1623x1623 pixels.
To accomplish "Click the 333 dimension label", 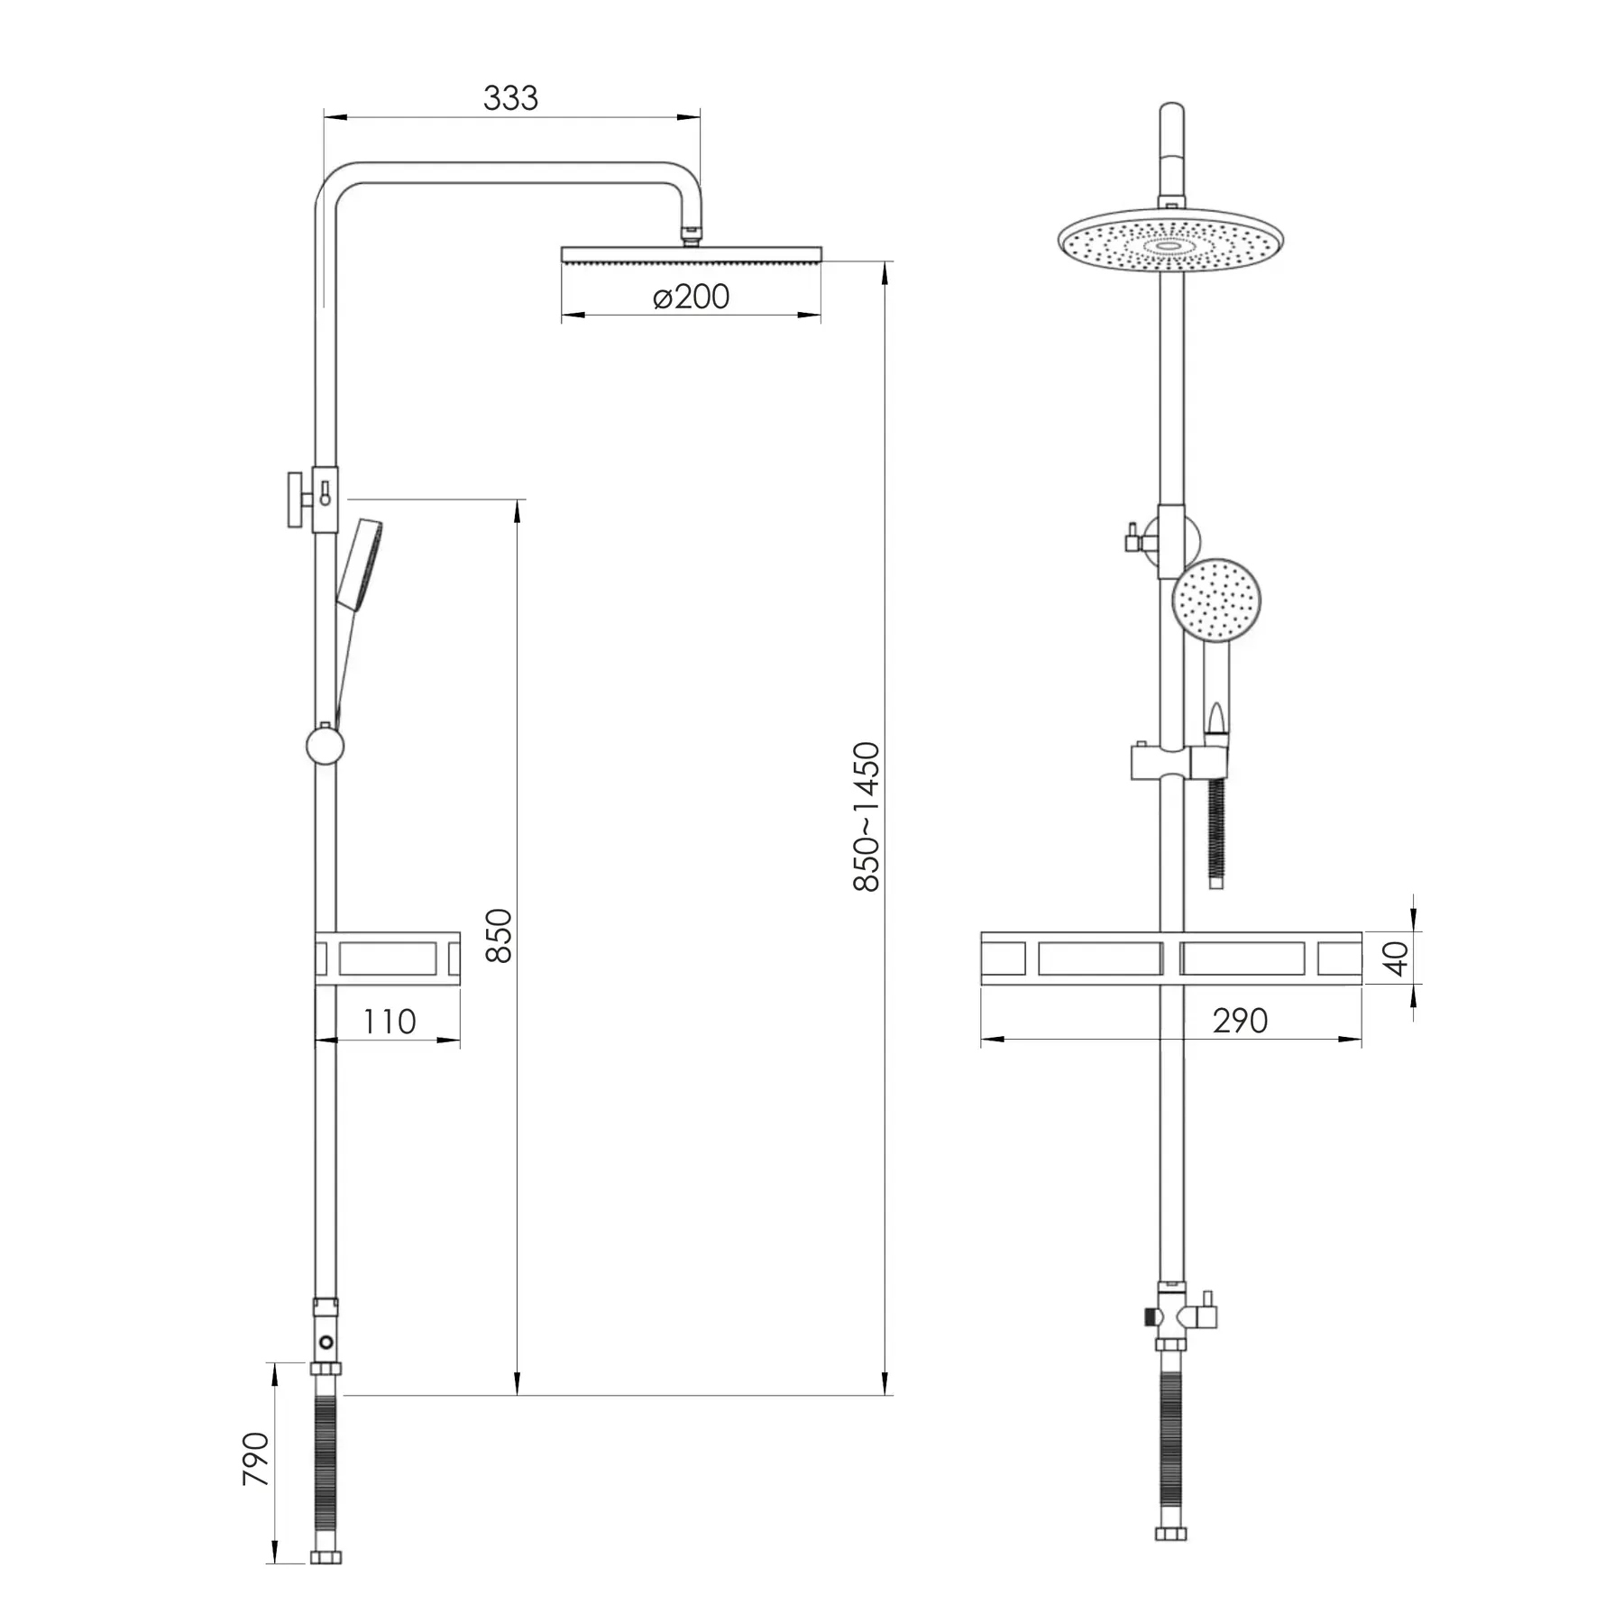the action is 510,97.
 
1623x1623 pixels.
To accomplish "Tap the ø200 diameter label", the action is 691,297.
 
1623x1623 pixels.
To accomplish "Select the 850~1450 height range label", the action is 867,816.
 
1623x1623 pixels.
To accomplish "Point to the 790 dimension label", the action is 256,1458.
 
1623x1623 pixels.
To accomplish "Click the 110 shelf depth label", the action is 389,1022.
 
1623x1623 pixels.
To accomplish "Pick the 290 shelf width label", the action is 1240,1021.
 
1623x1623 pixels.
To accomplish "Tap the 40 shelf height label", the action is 1396,958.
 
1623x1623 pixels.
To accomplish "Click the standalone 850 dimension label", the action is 499,935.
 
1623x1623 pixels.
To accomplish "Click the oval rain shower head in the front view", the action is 1170,241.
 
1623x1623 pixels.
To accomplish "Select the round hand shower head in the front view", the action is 1215,600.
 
